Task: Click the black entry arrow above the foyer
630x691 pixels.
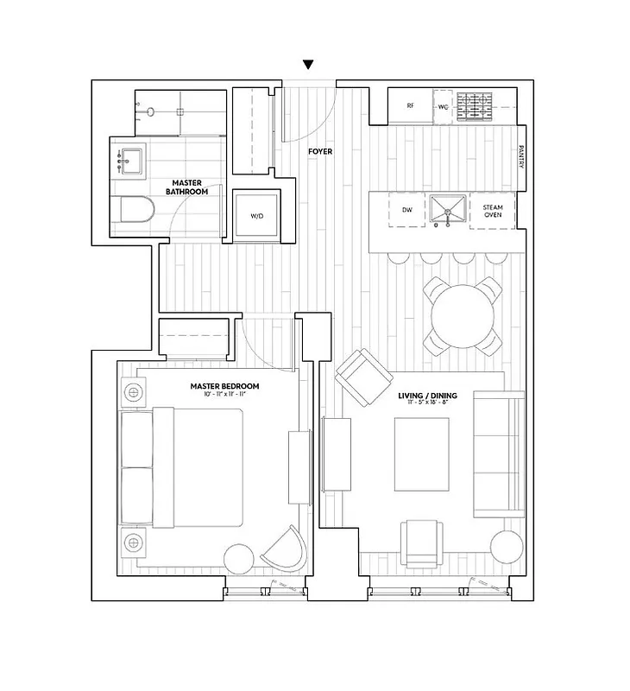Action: point(308,65)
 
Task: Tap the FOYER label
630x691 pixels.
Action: point(320,152)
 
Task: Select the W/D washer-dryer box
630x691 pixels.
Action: point(257,215)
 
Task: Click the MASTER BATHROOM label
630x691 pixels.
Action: point(186,187)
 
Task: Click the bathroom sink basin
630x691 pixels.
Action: point(131,160)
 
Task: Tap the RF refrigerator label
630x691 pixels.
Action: point(410,107)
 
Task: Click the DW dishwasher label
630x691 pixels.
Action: point(407,211)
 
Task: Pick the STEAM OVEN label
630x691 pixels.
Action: point(493,211)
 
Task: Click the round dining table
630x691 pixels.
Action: point(464,315)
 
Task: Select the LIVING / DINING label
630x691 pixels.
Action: point(427,396)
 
